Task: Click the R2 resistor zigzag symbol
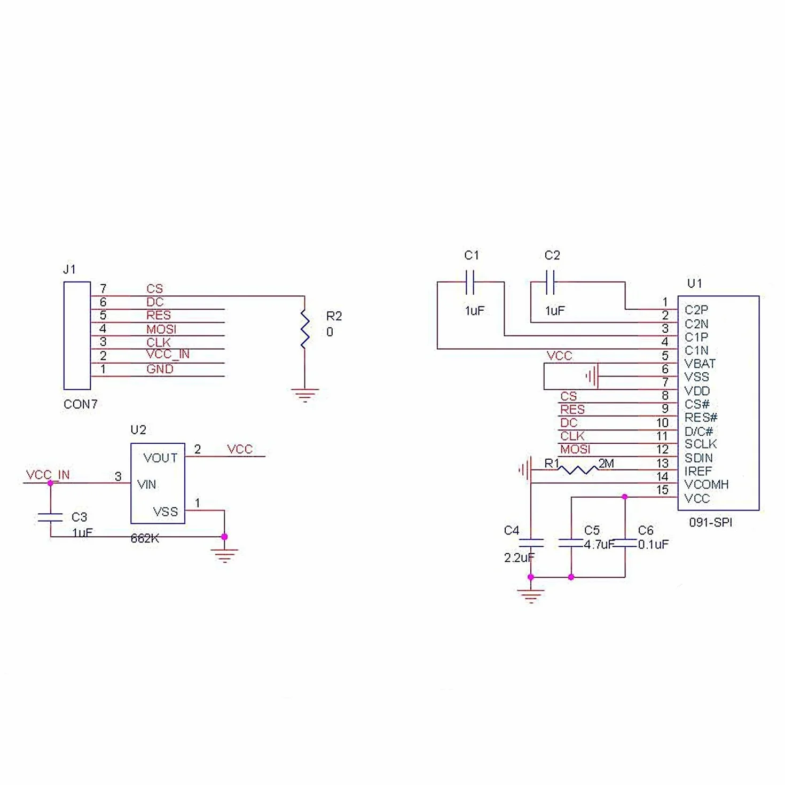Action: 305,329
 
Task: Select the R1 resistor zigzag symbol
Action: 578,470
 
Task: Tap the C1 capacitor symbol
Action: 470,281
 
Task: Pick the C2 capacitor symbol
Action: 550,281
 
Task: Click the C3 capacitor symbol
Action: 50,517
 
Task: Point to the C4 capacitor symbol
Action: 531,542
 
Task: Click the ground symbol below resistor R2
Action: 305,395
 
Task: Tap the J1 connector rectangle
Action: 77,335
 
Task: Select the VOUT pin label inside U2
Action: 161,458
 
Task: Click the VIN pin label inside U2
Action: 147,484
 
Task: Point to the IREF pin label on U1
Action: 698,471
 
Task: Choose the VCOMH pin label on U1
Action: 706,484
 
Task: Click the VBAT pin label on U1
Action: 700,363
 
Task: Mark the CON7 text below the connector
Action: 81,404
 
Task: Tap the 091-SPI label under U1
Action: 710,522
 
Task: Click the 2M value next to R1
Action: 606,463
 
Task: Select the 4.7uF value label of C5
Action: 599,544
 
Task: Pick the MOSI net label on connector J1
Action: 161,329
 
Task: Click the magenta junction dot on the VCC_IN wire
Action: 50,483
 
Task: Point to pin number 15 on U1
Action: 662,490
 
